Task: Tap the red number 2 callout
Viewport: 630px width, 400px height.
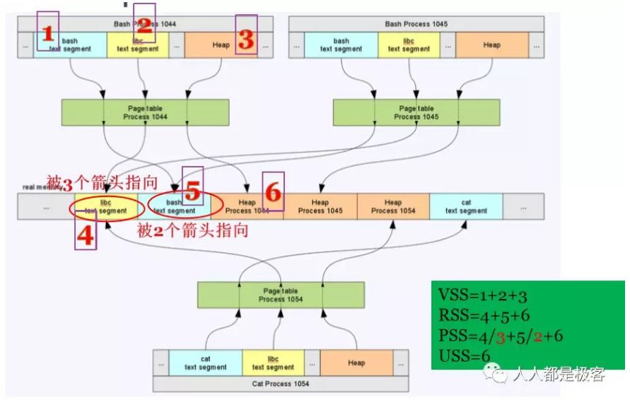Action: [144, 27]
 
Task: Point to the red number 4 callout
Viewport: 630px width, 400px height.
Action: [85, 235]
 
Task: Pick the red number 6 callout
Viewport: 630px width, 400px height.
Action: [273, 192]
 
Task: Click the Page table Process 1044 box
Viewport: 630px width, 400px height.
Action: [146, 112]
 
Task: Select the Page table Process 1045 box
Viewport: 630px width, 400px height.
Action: [416, 112]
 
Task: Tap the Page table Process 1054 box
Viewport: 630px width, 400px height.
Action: [281, 295]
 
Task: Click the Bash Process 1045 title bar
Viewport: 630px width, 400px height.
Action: [416, 24]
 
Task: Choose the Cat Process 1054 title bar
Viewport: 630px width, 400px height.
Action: [281, 383]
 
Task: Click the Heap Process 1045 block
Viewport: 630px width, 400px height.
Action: [320, 206]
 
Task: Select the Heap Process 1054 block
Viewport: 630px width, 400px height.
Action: [393, 206]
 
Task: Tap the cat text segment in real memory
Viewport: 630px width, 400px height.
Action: [466, 206]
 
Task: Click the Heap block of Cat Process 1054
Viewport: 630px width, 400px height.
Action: [356, 363]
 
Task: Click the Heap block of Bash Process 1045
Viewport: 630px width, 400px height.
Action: [492, 45]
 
